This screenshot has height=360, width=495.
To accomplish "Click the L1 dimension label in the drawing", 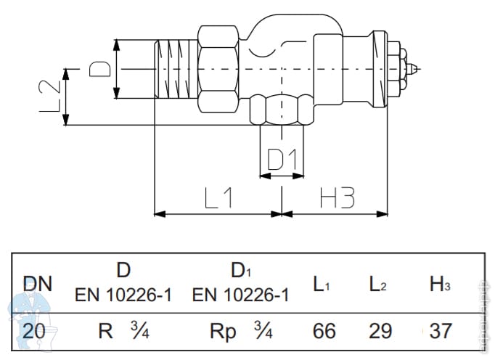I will [218, 197].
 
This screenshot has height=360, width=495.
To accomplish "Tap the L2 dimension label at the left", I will [49, 96].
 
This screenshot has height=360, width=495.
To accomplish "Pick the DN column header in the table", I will [37, 283].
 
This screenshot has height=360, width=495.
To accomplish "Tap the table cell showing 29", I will [380, 331].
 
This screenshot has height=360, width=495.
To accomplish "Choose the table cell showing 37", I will [440, 331].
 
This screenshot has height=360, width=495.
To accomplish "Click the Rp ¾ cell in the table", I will [240, 331].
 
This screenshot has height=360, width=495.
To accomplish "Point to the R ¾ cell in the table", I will [123, 331].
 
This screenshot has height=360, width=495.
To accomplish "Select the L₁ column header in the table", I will [322, 285].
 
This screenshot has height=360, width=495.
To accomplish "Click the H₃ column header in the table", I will [440, 285].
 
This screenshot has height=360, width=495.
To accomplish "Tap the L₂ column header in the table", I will [378, 285].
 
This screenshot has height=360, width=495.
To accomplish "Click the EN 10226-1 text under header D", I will [123, 295].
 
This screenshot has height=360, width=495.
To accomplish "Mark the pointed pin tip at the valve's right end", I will [414, 69].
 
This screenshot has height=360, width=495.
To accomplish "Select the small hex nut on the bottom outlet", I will [282, 111].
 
